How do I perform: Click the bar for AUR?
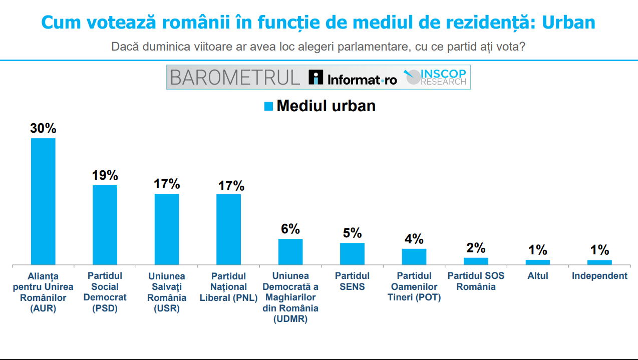pos(43,201)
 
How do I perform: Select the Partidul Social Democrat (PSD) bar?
pos(105,225)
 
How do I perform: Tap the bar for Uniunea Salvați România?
pos(167,229)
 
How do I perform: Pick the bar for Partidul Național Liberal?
pos(228,229)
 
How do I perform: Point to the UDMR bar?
pos(290,252)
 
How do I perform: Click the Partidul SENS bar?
pos(352,254)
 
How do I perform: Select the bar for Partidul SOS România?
pos(476,261)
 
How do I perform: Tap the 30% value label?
pos(43,129)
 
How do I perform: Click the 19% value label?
pos(105,176)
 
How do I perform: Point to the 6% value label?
pos(290,229)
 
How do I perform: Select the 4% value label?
pos(414,239)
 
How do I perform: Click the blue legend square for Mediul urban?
pos(268,106)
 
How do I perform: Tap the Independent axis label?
pos(599,276)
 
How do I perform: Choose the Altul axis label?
pos(538,276)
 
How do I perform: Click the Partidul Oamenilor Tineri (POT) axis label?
pos(414,286)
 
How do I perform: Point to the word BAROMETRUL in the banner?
pos(234,78)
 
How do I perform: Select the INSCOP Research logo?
pos(435,77)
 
